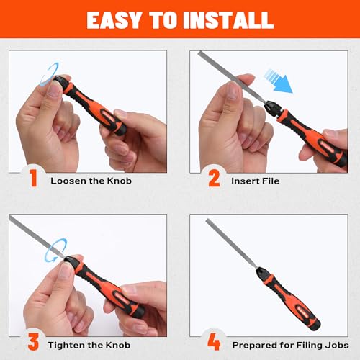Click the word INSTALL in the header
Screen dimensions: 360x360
[x=228, y=19]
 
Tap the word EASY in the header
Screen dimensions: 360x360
[x=114, y=19]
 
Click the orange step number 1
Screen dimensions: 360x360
[x=33, y=178]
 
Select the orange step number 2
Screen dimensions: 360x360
[x=214, y=178]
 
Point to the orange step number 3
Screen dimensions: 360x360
[x=33, y=343]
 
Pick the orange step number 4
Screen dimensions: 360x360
[x=214, y=342]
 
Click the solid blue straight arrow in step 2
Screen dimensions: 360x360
[x=279, y=81]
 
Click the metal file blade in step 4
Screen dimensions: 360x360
[x=231, y=243]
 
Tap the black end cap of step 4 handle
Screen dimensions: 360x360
[x=315, y=325]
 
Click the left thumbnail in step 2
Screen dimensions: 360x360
[x=233, y=91]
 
